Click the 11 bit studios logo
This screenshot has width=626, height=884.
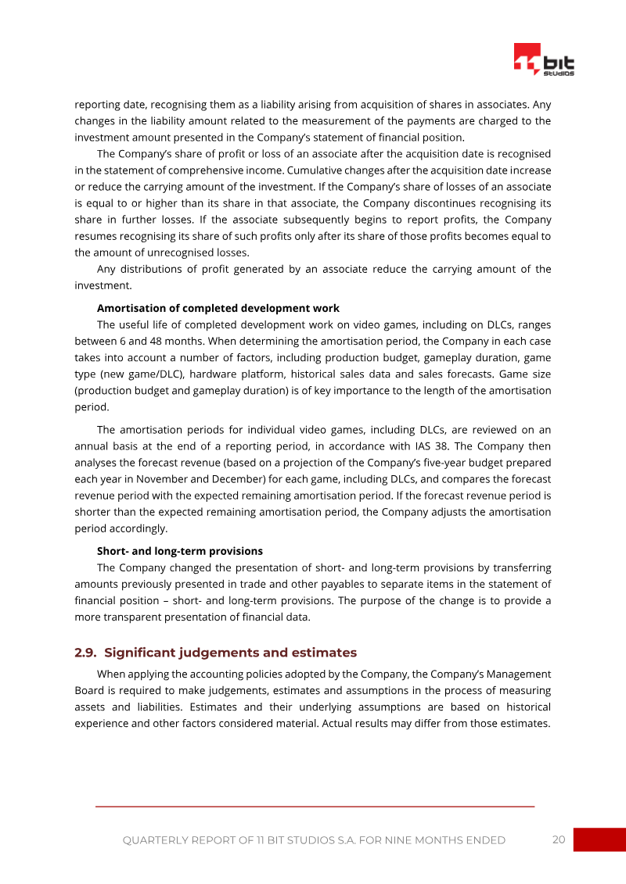544,60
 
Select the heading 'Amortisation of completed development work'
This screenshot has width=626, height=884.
218,308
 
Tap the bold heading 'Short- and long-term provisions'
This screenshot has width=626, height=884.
179,551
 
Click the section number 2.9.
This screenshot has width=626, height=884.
85,653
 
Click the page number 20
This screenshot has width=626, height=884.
558,839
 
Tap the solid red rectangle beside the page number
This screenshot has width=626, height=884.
599,839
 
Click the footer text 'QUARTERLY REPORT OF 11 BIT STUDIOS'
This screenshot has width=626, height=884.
313,840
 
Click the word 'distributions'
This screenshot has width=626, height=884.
150,269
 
